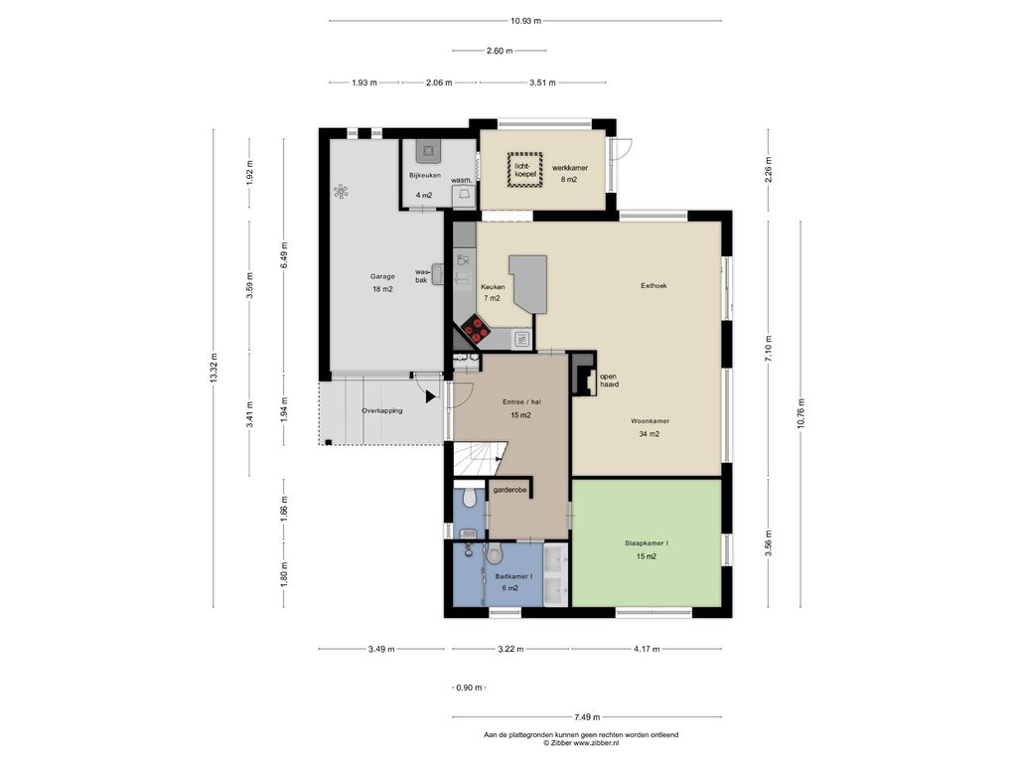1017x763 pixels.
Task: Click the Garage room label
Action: click(x=382, y=276)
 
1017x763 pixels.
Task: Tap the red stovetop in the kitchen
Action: click(x=476, y=328)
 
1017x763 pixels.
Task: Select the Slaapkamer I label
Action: click(x=646, y=543)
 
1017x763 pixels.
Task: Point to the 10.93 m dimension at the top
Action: click(x=525, y=21)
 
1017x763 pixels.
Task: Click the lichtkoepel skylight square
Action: click(x=524, y=170)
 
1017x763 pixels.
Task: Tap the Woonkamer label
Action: click(x=650, y=421)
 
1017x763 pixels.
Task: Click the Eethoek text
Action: click(x=654, y=285)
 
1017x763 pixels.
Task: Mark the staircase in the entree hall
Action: click(x=479, y=458)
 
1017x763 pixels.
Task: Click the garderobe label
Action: click(x=509, y=490)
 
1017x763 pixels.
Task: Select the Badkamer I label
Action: click(x=513, y=576)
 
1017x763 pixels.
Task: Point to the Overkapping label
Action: click(x=382, y=410)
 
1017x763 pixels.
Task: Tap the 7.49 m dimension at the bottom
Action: click(x=587, y=717)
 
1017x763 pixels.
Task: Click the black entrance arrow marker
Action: click(x=431, y=396)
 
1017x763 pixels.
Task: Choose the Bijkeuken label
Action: click(x=425, y=175)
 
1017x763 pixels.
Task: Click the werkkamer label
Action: click(x=569, y=167)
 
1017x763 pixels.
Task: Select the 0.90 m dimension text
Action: click(x=469, y=687)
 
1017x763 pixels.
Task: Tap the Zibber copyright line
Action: click(x=581, y=743)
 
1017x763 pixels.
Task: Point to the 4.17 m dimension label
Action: click(x=647, y=649)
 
